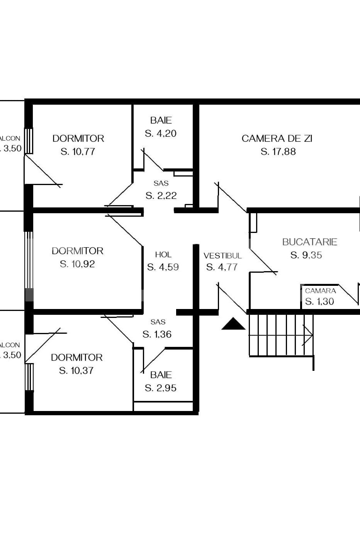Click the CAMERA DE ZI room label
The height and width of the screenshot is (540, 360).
pyautogui.click(x=277, y=138)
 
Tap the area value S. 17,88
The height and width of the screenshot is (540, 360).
pyautogui.click(x=278, y=152)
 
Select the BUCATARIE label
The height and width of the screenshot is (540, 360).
pyautogui.click(x=309, y=242)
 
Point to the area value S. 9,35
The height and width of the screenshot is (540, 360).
pyautogui.click(x=306, y=255)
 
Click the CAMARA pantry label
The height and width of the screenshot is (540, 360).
pyautogui.click(x=320, y=291)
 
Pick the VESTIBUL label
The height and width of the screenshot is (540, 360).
pyautogui.click(x=222, y=256)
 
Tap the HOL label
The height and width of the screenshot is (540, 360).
pyautogui.click(x=163, y=255)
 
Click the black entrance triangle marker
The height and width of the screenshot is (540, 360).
pyautogui.click(x=233, y=324)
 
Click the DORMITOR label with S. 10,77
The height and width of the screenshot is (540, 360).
pyautogui.click(x=78, y=138)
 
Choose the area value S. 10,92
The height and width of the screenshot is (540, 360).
pyautogui.click(x=77, y=264)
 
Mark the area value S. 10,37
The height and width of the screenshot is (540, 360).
pyautogui.click(x=76, y=371)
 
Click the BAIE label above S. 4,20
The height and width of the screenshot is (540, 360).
pyautogui.click(x=161, y=120)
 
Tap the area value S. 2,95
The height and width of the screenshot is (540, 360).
pyautogui.click(x=160, y=388)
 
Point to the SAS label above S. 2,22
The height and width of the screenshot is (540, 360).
pyautogui.click(x=161, y=183)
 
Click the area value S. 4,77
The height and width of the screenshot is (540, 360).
pyautogui.click(x=222, y=267)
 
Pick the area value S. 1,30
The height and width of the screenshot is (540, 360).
pyautogui.click(x=319, y=302)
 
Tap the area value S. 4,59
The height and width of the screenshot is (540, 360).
pyautogui.click(x=163, y=267)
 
